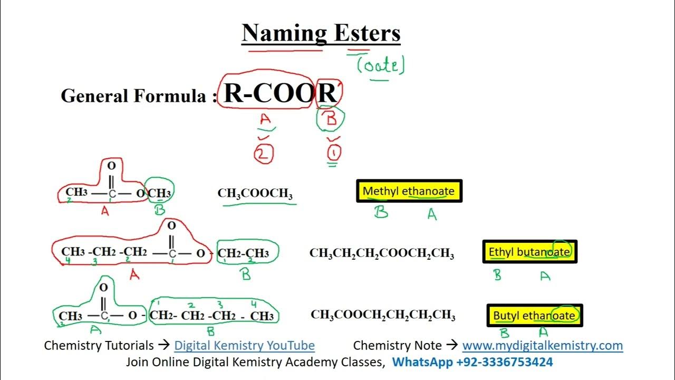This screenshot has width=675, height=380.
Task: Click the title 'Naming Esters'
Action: (321, 33)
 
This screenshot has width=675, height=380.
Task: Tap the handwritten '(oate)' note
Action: (380, 65)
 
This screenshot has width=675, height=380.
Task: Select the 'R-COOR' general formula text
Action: (280, 93)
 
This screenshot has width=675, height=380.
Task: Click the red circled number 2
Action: (263, 154)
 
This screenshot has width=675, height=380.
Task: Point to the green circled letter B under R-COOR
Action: (331, 119)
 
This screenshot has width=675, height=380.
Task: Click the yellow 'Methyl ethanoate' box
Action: (409, 191)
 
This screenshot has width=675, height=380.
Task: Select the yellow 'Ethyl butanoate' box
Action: (529, 252)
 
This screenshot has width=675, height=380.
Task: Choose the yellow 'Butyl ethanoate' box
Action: (534, 316)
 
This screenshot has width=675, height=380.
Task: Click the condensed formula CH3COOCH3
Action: (255, 194)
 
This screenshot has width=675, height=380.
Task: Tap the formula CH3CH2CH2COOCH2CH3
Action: (381, 254)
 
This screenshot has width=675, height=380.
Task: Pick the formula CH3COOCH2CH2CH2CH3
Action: (383, 316)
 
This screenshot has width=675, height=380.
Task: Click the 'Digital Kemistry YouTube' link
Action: (244, 346)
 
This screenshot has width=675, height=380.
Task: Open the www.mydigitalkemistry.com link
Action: (542, 346)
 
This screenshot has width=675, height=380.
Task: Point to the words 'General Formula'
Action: (133, 96)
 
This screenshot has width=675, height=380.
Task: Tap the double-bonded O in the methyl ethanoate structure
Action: (111, 166)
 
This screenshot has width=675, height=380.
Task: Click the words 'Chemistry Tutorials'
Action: (99, 346)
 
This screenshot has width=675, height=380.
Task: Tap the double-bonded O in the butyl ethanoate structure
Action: (104, 288)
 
